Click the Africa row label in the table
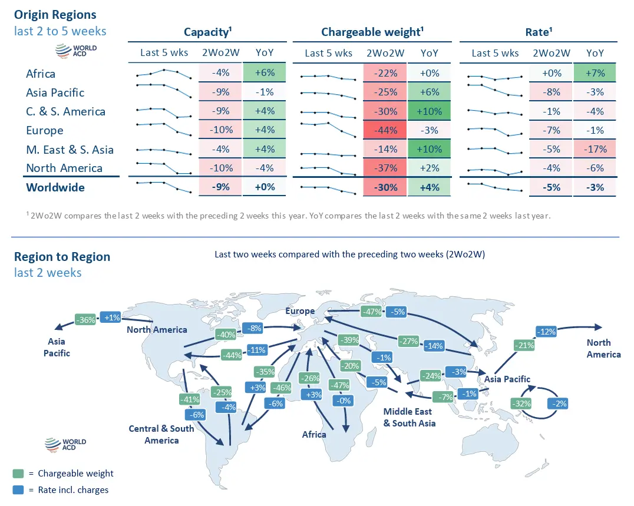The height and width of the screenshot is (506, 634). pos(41,74)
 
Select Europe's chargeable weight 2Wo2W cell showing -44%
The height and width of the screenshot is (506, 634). pos(385,130)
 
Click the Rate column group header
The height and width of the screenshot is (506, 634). pos(538,32)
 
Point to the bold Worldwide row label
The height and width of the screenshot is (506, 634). pos(55,187)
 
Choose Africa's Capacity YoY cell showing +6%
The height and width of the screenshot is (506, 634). pos(264,74)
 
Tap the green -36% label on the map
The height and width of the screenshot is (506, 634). pos(86,320)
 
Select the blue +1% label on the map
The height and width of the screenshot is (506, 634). pos(111,318)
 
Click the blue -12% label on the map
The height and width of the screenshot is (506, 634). pos(547,332)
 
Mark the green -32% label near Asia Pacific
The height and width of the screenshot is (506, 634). pos(522,404)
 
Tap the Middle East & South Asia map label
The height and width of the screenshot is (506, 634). pos(410,417)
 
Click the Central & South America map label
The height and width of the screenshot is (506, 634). pos(161,434)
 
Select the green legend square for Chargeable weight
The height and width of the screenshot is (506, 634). pos(18,474)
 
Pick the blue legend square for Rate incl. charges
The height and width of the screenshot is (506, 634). pos(18,490)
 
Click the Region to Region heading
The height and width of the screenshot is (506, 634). pos(62,257)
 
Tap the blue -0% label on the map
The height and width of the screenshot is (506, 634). pos(342,401)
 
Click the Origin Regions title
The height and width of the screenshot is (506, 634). pos(55,14)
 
